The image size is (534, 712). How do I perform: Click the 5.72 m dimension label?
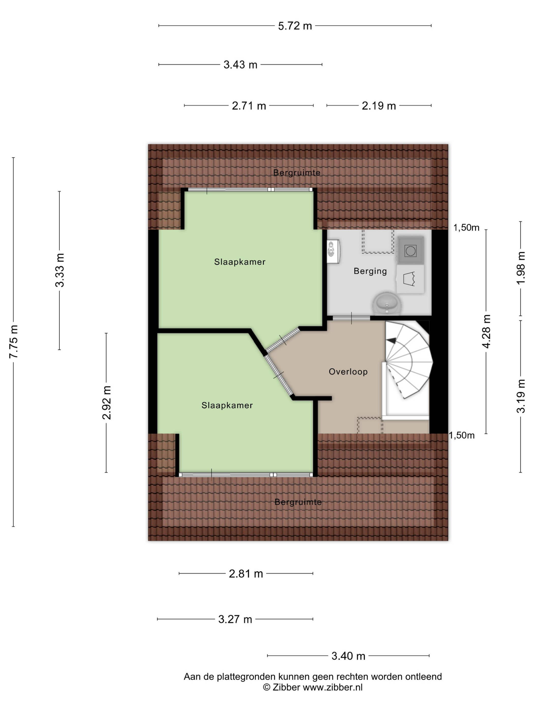pyautogui.click(x=295, y=26)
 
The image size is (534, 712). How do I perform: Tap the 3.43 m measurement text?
pyautogui.click(x=241, y=65)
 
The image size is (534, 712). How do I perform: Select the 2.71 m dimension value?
pyautogui.click(x=249, y=106)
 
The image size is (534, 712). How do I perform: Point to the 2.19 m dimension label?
pyautogui.click(x=379, y=106)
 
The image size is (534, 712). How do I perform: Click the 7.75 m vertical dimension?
pyautogui.click(x=13, y=342)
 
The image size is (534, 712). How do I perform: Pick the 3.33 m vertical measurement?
pyautogui.click(x=60, y=270)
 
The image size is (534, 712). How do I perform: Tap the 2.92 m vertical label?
pyautogui.click(x=106, y=402)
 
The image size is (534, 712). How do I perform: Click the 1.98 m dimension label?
pyautogui.click(x=521, y=268)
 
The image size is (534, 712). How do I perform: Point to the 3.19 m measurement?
pyautogui.click(x=521, y=396)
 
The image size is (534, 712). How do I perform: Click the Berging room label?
pyautogui.click(x=370, y=271)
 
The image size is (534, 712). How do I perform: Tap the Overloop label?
pyautogui.click(x=348, y=372)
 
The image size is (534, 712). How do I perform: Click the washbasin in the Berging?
pyautogui.click(x=387, y=303)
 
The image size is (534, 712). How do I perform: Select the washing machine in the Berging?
pyautogui.click(x=410, y=250)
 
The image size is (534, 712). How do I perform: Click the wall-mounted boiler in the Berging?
pyautogui.click(x=333, y=251)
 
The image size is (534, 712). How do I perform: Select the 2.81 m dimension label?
pyautogui.click(x=246, y=574)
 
